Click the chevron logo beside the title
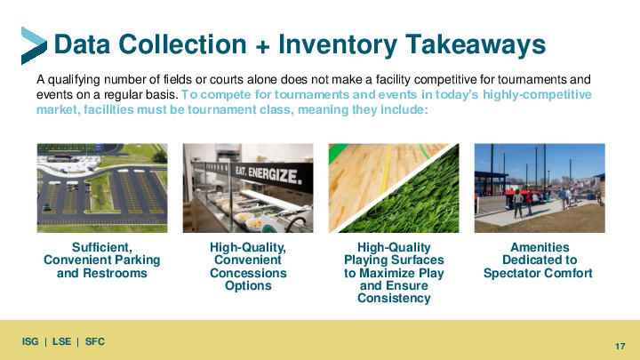[x=34, y=45]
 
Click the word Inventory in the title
[x=337, y=44]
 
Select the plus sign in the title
[x=262, y=46]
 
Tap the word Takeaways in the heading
[x=476, y=44]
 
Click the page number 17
[x=620, y=346]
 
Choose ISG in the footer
[x=30, y=341]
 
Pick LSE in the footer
[x=61, y=341]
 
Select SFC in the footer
[x=95, y=341]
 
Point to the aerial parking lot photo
[x=102, y=188]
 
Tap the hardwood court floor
[x=375, y=175]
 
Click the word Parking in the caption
[x=137, y=260]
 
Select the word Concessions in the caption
[x=248, y=273]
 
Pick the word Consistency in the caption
[x=394, y=298]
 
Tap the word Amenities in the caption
[x=540, y=247]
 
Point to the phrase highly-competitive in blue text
[x=537, y=95]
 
